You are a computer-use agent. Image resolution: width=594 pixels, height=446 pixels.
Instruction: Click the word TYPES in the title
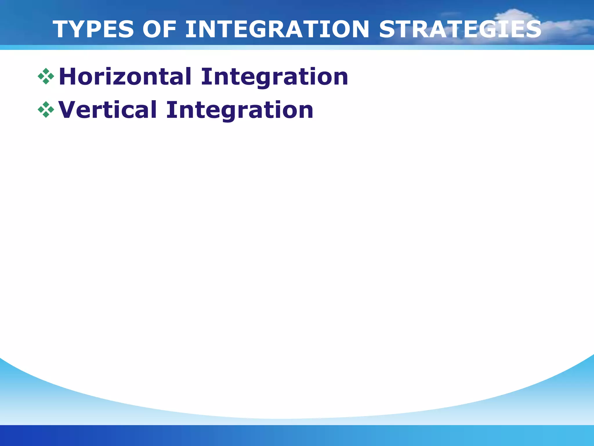click(x=93, y=29)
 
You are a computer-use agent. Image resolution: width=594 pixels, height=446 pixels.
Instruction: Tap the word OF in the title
click(x=160, y=29)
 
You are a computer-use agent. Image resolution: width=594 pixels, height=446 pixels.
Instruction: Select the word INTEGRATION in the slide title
click(x=277, y=29)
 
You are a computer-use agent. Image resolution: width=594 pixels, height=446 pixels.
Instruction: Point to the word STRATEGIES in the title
click(x=460, y=29)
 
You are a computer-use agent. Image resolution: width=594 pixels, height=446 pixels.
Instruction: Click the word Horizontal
click(x=125, y=77)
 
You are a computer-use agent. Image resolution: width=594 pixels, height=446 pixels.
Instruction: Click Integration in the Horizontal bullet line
click(x=274, y=77)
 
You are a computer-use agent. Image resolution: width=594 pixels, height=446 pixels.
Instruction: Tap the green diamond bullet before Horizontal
click(x=46, y=76)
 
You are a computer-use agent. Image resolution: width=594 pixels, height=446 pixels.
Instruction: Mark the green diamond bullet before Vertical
click(x=46, y=110)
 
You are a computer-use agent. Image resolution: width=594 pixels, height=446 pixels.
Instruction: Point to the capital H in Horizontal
click(x=68, y=77)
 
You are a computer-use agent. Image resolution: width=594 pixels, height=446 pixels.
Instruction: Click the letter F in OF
click(x=170, y=29)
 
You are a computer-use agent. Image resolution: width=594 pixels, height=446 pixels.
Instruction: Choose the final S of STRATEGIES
click(x=533, y=29)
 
